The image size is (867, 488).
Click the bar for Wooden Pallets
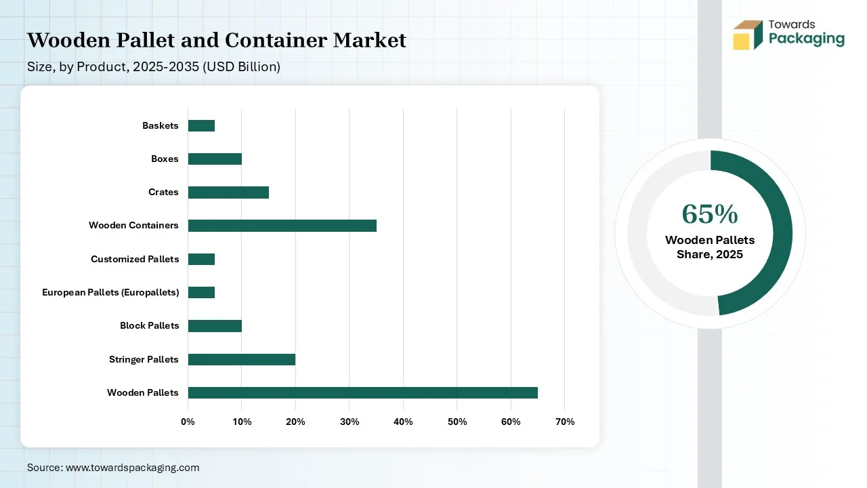tap(362, 392)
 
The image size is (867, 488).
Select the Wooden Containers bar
tap(282, 226)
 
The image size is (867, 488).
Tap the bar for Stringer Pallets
tap(241, 359)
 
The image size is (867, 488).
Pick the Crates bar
tap(228, 192)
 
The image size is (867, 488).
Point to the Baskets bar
tap(201, 125)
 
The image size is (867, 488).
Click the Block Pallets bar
tap(215, 326)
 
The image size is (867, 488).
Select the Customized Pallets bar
tap(201, 259)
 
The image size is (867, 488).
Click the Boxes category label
tap(165, 159)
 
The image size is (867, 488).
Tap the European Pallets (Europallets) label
tap(110, 292)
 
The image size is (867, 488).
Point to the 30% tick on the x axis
tap(349, 422)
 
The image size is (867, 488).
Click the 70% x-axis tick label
tap(564, 422)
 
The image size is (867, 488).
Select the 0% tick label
tap(188, 422)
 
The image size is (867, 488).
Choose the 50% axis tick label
tap(457, 422)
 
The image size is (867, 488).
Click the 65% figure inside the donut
tap(709, 213)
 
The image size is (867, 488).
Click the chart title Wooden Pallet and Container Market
tap(217, 41)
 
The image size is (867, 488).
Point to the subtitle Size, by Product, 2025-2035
tap(153, 67)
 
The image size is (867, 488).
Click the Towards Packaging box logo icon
tap(748, 35)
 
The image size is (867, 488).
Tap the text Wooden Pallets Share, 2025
tap(709, 247)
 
